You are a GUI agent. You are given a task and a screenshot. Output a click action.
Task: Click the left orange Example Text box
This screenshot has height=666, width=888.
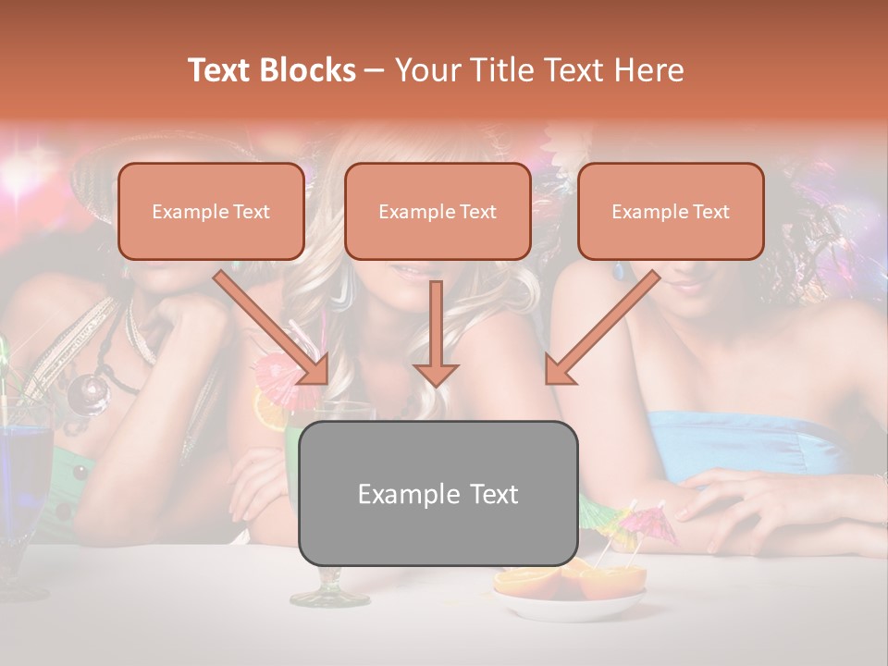click(211, 211)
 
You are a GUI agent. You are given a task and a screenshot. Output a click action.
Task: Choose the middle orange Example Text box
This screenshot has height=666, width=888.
click(438, 211)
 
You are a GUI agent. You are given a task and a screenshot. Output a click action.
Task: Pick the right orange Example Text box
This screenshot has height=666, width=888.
click(671, 211)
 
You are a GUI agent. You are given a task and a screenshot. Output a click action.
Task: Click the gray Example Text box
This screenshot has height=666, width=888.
click(438, 493)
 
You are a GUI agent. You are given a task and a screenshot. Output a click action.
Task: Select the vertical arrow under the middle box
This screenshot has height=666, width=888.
click(436, 333)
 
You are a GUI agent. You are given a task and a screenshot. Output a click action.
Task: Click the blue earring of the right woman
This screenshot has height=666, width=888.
click(619, 271)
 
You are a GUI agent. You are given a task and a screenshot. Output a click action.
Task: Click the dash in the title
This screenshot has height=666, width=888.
click(375, 70)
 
